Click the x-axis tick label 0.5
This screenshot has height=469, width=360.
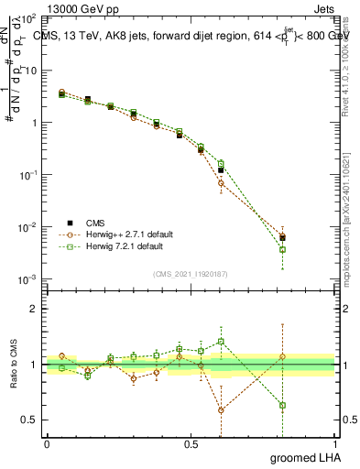click(191, 443)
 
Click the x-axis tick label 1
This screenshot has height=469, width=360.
click(334, 443)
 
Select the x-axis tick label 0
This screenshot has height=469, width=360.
click(47, 443)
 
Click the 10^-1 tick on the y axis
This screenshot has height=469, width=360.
click(27, 175)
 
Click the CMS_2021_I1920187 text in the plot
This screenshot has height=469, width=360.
click(191, 272)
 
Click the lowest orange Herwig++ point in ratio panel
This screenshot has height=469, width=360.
click(221, 410)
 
